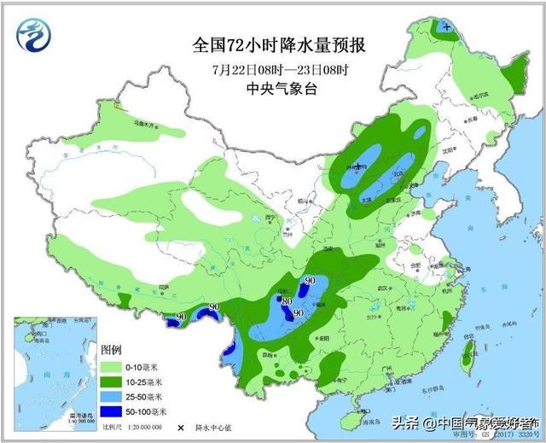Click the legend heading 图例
pos(111,351)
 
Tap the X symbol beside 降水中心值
pos(180,426)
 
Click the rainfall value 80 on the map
pos(288,300)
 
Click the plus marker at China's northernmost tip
pos(447,26)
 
